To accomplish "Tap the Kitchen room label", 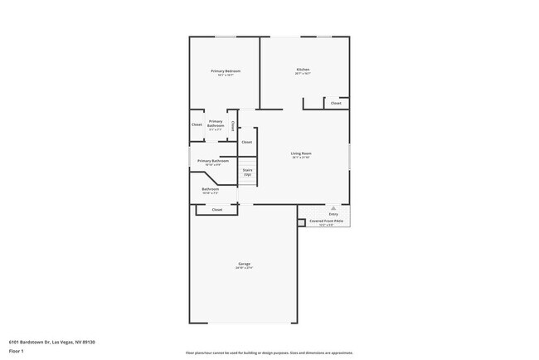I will point(303,69).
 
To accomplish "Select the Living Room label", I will point(300,153).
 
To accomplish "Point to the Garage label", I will point(244,264).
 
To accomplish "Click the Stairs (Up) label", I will point(247,171).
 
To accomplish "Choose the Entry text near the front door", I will point(333,214).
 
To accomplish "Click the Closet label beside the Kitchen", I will point(336,104).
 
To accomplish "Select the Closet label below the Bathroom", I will point(217,210).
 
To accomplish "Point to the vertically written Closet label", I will point(233,126).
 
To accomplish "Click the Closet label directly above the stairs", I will point(246,143).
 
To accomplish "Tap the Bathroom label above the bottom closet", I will point(211,189).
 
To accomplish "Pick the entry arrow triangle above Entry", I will point(333,207).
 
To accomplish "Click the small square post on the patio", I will point(300,221).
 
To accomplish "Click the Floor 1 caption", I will point(17,351).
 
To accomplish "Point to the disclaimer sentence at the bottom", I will point(269,353).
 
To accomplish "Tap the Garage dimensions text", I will point(244,268).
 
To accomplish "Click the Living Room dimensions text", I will point(300,158).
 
